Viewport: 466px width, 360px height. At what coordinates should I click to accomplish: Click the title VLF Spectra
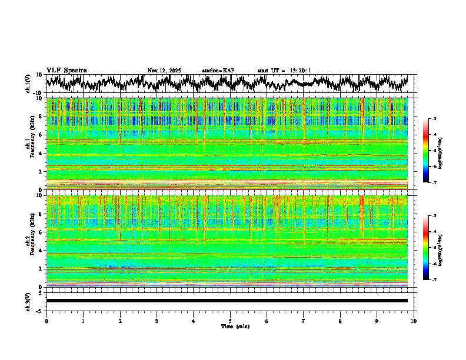(x=66, y=71)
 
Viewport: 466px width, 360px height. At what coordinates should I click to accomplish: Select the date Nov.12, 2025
(x=164, y=71)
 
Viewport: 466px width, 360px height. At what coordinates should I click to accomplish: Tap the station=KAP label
(x=218, y=71)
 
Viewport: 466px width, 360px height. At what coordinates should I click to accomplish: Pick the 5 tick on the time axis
(x=230, y=321)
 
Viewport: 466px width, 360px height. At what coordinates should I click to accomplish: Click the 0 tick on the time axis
(x=46, y=321)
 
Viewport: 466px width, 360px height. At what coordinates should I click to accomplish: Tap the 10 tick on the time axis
(x=414, y=321)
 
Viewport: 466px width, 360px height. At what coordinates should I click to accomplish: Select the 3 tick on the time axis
(x=157, y=321)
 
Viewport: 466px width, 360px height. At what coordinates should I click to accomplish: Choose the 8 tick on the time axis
(x=340, y=321)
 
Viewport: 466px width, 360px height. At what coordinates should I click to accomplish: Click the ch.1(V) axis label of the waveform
(x=28, y=84)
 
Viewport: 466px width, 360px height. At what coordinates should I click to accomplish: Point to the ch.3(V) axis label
(x=28, y=301)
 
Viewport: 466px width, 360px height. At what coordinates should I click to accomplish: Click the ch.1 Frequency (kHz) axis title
(x=31, y=144)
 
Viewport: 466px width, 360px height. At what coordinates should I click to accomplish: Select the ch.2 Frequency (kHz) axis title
(x=31, y=241)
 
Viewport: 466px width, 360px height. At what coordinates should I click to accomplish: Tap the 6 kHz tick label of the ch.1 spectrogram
(x=40, y=135)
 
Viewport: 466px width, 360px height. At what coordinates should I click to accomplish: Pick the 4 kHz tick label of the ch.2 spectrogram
(x=40, y=250)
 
